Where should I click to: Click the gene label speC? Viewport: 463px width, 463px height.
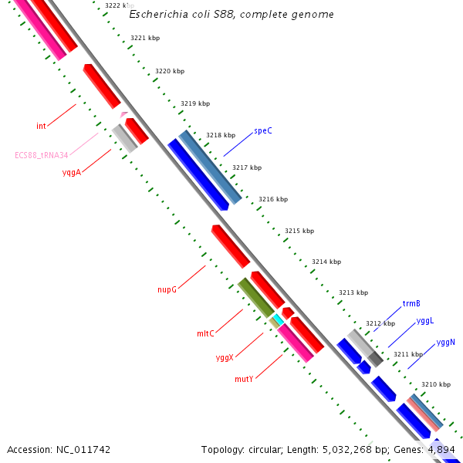click(263, 131)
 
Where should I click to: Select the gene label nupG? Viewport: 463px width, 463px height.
click(167, 290)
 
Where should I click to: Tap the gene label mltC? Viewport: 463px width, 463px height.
click(205, 333)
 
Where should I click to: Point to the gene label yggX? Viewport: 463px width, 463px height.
click(225, 358)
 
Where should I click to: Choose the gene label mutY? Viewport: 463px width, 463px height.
click(244, 380)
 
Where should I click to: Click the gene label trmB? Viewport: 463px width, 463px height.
click(411, 303)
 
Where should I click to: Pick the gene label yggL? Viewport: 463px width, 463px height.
click(425, 320)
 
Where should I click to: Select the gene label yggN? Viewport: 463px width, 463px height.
click(446, 342)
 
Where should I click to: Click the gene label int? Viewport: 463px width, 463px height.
click(41, 126)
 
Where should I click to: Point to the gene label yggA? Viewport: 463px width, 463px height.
click(72, 173)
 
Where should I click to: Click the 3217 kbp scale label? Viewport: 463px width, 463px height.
click(247, 167)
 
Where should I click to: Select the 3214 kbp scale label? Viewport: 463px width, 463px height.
click(326, 262)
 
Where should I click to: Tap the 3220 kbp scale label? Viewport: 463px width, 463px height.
click(170, 71)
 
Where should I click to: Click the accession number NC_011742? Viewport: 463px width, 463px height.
click(84, 449)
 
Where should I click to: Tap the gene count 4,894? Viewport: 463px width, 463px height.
click(441, 449)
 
